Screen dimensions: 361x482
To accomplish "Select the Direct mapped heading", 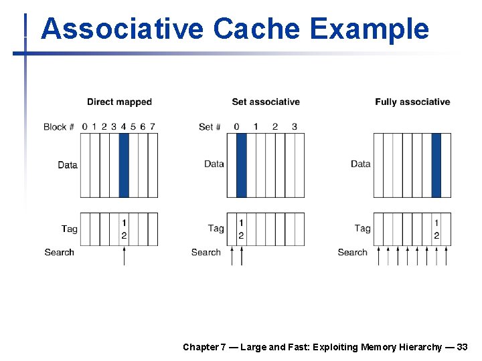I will click(x=119, y=102).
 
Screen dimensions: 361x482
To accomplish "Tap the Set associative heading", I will click(x=266, y=102).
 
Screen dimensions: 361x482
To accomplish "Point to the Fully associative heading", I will click(x=412, y=102).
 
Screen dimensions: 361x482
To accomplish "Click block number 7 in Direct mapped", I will click(x=153, y=126).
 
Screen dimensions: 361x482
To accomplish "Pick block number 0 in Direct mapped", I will click(x=84, y=126).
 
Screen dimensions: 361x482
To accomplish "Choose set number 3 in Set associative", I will click(x=295, y=126).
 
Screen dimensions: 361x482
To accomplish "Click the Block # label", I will click(x=58, y=127).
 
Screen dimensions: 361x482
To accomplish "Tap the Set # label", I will click(x=210, y=127).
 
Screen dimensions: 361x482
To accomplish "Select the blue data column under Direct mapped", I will click(x=124, y=165).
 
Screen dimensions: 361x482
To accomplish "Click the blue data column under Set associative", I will click(x=241, y=165).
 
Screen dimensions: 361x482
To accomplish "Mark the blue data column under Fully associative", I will click(x=436, y=165).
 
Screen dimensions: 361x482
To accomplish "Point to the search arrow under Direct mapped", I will click(x=124, y=256).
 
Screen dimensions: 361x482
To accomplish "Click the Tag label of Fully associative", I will click(x=362, y=229).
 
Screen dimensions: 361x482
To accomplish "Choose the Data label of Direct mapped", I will click(x=68, y=165).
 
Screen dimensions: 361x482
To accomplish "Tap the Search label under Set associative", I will click(x=206, y=253).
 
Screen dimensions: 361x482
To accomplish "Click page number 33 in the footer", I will click(x=462, y=347).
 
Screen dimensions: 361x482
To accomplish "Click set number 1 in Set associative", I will click(x=256, y=126).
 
